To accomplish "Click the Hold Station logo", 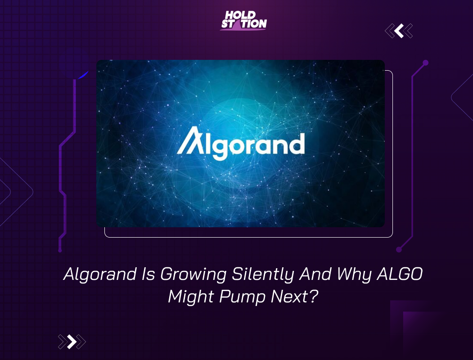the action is point(243,21).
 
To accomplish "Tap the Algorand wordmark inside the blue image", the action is point(240,144).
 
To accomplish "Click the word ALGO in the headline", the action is point(399,274).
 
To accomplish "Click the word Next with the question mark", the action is point(294,297).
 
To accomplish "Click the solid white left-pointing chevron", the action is point(399,31).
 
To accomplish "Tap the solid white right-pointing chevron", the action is point(72,342).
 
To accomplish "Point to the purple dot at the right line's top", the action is point(425,63).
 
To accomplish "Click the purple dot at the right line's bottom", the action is point(399,249).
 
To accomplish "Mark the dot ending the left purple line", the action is point(60,250).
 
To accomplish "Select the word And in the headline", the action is point(315,274).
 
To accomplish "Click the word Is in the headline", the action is point(149,274).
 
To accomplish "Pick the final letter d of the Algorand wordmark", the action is point(297,144).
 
